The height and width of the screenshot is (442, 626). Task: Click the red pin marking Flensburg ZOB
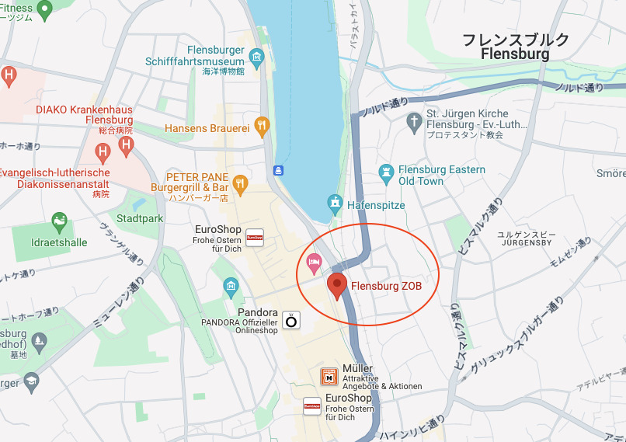click(x=336, y=285)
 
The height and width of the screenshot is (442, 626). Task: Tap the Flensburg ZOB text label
click(x=386, y=287)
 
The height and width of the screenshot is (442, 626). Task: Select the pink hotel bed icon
click(x=315, y=262)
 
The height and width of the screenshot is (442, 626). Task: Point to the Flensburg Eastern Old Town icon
click(x=386, y=170)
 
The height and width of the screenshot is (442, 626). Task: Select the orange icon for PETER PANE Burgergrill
click(x=241, y=183)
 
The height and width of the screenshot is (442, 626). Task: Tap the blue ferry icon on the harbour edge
click(x=277, y=169)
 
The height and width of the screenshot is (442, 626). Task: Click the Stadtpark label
click(x=141, y=218)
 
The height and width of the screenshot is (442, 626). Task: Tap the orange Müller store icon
click(x=329, y=378)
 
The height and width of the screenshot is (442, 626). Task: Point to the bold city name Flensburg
click(x=515, y=54)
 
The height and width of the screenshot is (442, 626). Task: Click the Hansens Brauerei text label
click(x=207, y=127)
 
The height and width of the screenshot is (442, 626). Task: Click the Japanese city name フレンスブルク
click(x=516, y=40)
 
